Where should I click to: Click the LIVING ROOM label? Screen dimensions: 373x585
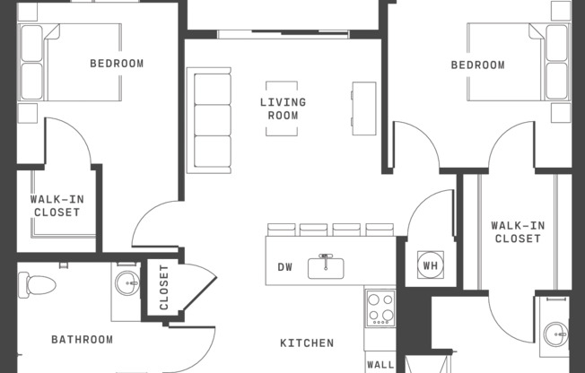[x=283, y=108]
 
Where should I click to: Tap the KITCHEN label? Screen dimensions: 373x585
[x=307, y=343]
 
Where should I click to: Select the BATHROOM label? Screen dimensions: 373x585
[x=82, y=340]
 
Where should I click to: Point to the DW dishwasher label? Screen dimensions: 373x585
[x=285, y=266]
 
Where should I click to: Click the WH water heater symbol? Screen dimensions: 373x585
[x=429, y=265]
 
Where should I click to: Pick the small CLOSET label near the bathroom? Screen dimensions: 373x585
[x=164, y=287]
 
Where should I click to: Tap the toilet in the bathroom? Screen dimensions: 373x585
[x=39, y=285]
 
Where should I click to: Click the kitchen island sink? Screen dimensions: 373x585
[x=327, y=266]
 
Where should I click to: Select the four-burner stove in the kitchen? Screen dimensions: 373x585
[x=380, y=309]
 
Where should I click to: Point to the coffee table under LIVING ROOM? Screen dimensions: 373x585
[x=283, y=108]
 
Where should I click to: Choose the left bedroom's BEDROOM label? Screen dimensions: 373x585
[x=117, y=64]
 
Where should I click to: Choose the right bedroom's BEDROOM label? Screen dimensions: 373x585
[x=477, y=65]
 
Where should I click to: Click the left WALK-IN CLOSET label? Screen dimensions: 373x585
[x=57, y=206]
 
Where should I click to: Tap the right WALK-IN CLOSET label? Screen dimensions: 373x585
[x=518, y=232]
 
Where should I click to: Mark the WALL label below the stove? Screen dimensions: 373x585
[x=380, y=365]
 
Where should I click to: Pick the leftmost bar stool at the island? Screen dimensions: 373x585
[x=281, y=230]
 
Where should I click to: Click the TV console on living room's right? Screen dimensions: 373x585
[x=364, y=108]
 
